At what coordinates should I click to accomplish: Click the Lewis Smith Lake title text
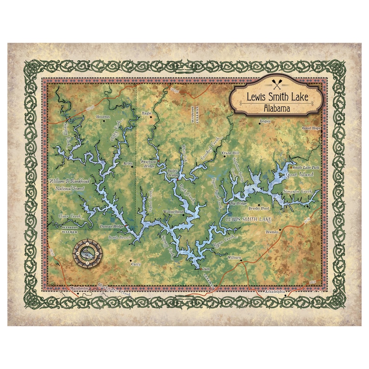[277, 98]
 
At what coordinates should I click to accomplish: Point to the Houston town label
[103, 117]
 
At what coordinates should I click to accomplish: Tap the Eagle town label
[147, 113]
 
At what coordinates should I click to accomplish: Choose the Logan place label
[264, 121]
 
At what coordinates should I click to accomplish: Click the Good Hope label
[311, 128]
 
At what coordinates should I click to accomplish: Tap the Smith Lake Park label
[306, 167]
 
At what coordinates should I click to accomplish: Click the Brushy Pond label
[259, 209]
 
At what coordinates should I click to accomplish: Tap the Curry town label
[136, 264]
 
